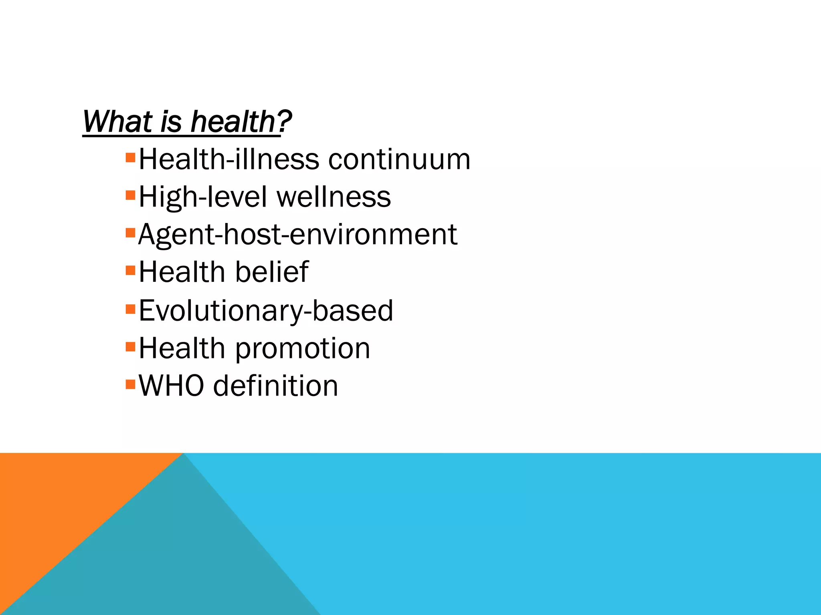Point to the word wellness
pyautogui.click(x=334, y=197)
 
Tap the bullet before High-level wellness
pyautogui.click(x=131, y=195)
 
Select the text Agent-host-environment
pyautogui.click(x=297, y=235)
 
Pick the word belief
pyautogui.click(x=272, y=272)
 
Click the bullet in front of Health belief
pyautogui.click(x=131, y=270)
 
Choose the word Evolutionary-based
pyautogui.click(x=266, y=311)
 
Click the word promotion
pyautogui.click(x=302, y=348)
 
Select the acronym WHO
pyautogui.click(x=171, y=386)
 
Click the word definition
pyautogui.click(x=276, y=386)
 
